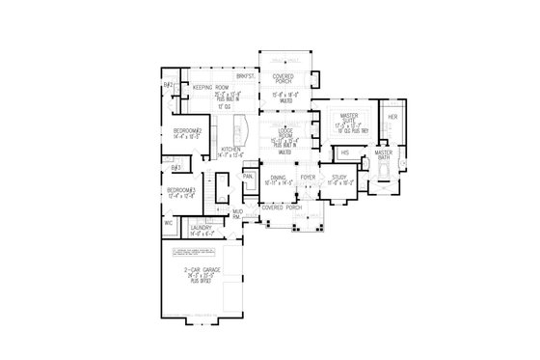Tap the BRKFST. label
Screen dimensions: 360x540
click(246, 75)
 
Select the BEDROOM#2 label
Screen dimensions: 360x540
click(186, 129)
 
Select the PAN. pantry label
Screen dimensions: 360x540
click(247, 177)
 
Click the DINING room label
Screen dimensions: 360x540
click(278, 178)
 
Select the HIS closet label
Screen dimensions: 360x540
click(345, 152)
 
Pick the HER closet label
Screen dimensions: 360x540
click(392, 118)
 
